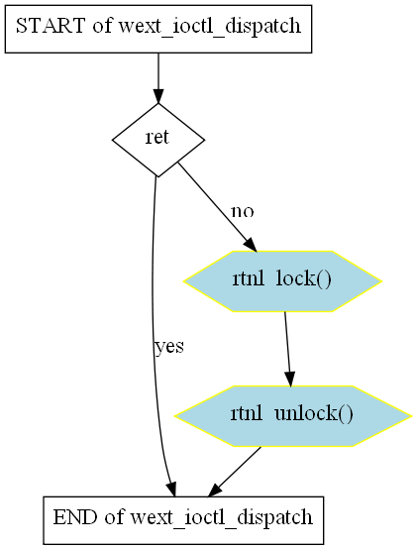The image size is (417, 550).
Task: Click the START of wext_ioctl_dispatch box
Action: tap(158, 29)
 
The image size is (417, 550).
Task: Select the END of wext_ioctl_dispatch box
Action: tap(183, 520)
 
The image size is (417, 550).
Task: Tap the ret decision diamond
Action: tap(158, 140)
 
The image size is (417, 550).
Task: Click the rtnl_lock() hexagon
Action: tap(282, 281)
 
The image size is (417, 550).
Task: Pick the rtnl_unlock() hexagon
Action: tap(292, 416)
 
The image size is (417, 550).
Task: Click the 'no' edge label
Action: tap(243, 211)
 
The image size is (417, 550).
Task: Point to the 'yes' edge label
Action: tap(169, 347)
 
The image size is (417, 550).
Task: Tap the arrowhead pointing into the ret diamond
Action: tap(158, 96)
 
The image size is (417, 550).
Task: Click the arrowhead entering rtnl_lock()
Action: tap(251, 245)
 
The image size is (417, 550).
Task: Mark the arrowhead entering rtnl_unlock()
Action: tap(289, 380)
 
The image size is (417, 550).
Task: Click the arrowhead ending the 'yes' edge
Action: tap(171, 490)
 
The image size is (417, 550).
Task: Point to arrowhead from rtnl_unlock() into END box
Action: tap(214, 491)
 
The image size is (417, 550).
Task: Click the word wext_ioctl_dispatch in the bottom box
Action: tap(221, 518)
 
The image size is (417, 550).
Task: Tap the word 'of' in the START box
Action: tap(102, 26)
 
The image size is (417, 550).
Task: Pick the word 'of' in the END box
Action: tap(114, 517)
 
